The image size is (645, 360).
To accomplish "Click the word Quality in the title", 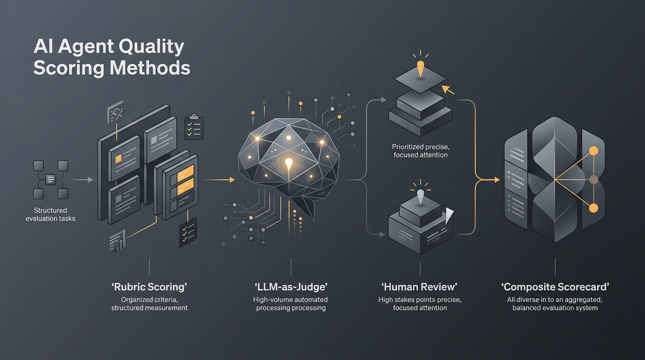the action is coord(151,47).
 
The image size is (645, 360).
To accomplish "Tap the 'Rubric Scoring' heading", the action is coord(149,287).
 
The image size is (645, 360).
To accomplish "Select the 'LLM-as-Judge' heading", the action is coord(291,287).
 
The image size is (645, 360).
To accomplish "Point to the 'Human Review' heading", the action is coord(420,287).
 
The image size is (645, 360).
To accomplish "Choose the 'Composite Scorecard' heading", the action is coord(555,287).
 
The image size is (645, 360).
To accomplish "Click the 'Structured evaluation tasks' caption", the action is coord(51,214).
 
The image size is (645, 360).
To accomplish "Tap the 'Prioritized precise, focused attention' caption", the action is coord(420,151).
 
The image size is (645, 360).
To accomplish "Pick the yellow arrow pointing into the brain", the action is coord(220,180).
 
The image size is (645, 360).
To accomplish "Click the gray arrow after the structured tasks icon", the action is coord(82,180).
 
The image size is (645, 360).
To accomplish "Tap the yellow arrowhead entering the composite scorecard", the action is coord(497,180).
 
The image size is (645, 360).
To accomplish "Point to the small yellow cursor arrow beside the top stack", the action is coord(448,90).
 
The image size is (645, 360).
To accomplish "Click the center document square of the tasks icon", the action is coord(51,180).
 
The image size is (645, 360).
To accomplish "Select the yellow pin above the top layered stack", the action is coord(420,68).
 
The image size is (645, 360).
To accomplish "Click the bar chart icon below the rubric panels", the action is coord(118,241).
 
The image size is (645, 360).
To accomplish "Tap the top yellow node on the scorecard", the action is coord(593,151).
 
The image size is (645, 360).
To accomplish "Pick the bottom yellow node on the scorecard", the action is coord(593,208).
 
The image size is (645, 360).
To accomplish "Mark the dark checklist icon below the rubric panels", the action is coord(188,232).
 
